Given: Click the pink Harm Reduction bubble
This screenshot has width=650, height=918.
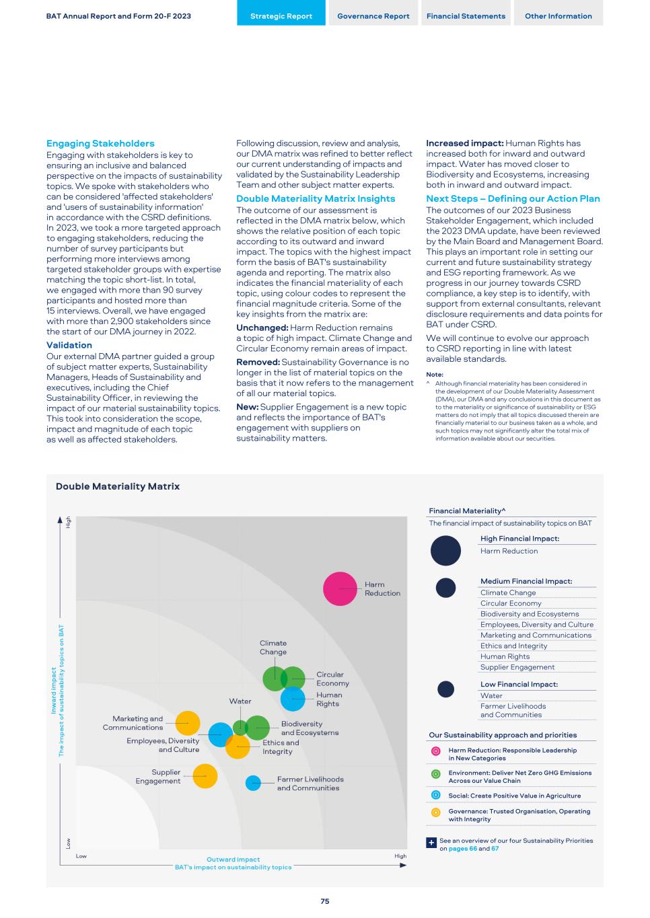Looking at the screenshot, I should [x=340, y=588].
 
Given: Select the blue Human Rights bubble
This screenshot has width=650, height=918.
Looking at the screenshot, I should [x=293, y=699].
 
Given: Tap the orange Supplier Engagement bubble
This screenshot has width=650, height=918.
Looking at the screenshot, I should [x=205, y=776].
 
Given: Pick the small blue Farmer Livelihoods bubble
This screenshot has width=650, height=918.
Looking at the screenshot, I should [x=253, y=783].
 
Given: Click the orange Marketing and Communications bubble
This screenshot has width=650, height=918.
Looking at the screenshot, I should [x=188, y=723].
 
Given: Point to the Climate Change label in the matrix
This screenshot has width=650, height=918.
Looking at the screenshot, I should [x=273, y=648].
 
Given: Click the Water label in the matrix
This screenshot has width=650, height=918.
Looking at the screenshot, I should [x=240, y=701].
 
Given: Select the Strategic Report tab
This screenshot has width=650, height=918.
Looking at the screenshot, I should [x=281, y=16].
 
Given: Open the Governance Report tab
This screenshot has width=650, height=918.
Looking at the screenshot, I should [x=373, y=16].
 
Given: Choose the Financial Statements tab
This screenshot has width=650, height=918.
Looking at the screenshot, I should [x=466, y=16].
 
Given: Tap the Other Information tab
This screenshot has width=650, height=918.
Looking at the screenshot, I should [x=558, y=16].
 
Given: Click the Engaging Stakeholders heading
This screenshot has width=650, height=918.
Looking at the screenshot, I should [x=100, y=143].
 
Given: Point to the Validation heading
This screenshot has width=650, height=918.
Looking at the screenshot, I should [x=69, y=345].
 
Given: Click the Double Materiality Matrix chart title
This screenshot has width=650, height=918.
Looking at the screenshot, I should [x=118, y=486].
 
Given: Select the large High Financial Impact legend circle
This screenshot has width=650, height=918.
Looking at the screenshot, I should [x=445, y=551].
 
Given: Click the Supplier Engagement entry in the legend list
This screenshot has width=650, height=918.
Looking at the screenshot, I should [x=517, y=667].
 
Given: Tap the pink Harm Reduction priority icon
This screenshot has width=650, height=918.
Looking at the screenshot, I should [x=435, y=751].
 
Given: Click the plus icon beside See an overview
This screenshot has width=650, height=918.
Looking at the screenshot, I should [x=432, y=843].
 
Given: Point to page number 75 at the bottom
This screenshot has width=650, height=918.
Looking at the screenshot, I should [x=325, y=901].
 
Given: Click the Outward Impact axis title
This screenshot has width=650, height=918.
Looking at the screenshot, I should [x=233, y=859].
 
